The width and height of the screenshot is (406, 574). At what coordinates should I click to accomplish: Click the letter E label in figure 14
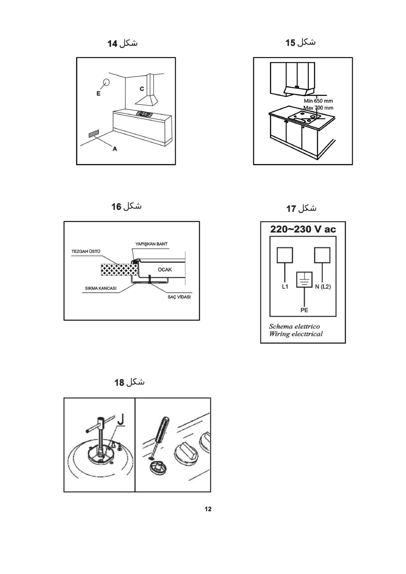coord(99,93)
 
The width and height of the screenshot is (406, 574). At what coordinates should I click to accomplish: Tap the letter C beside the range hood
coord(142,89)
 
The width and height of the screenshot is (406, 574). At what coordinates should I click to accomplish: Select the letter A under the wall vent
coord(115,149)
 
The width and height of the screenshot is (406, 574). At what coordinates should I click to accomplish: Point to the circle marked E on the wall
coord(106,82)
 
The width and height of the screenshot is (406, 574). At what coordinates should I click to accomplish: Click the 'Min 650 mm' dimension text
coord(318,101)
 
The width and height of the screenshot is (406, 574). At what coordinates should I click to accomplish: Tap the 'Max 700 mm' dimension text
coord(318,108)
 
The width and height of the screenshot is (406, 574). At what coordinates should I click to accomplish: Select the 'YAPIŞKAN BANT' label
coord(151,244)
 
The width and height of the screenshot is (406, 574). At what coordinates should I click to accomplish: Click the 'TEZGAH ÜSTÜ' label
coord(86,252)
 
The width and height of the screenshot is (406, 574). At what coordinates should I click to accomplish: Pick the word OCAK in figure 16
coord(165,270)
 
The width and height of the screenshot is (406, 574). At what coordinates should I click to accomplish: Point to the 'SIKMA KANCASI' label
coord(101,288)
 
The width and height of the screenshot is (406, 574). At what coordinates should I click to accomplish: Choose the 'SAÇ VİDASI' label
coord(179,297)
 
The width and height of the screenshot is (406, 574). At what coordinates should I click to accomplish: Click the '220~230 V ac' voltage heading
coord(303,229)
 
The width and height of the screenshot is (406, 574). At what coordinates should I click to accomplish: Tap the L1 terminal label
coord(285,287)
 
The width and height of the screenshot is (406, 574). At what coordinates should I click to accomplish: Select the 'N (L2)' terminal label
coord(323,287)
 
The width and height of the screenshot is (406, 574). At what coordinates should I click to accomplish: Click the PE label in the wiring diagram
coord(304,310)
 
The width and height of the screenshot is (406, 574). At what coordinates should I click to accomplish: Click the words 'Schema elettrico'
coord(295,326)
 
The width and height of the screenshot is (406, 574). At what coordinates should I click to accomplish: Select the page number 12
coord(208,509)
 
